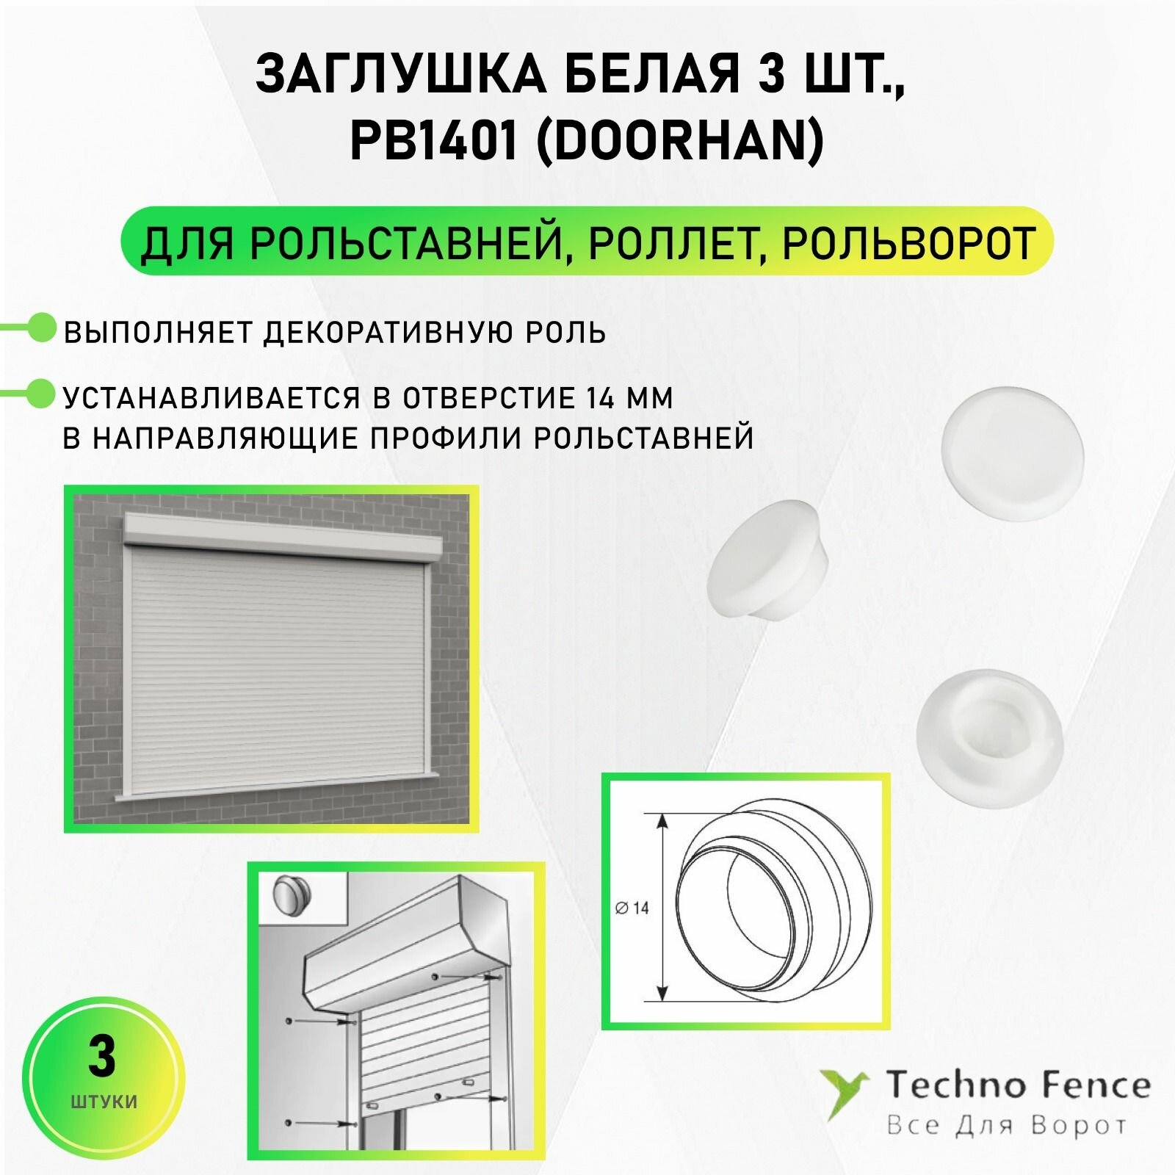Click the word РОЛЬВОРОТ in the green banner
[x=908, y=242]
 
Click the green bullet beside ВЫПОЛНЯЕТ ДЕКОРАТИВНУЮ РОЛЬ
[x=41, y=328]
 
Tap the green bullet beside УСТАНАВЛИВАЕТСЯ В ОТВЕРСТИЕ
[x=41, y=394]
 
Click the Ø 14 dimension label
[x=632, y=908]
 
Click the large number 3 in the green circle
[x=102, y=1057]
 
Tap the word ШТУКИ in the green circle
[x=104, y=1102]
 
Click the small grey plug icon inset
[x=292, y=897]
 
